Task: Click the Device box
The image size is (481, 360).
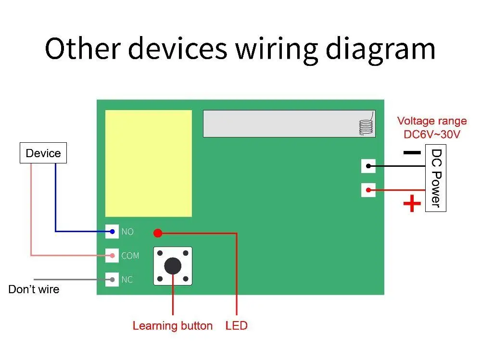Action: [43, 153]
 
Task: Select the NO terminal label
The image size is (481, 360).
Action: [127, 232]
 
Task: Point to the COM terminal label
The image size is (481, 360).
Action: [130, 256]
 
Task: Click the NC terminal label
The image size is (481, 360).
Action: [127, 279]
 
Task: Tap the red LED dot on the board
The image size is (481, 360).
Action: [157, 234]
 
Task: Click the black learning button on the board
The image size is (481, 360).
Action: [173, 266]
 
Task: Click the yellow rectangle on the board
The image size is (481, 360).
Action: [148, 163]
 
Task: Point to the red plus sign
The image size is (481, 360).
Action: [412, 204]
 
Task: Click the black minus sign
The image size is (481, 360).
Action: [412, 153]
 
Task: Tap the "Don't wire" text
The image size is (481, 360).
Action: [34, 289]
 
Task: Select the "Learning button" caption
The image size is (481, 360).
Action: [172, 326]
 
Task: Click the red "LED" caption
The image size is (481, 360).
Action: [236, 326]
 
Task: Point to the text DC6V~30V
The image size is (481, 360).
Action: [432, 135]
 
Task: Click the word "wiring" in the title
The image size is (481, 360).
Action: [277, 49]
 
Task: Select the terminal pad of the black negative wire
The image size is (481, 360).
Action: [368, 166]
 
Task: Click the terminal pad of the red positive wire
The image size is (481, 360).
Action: [368, 190]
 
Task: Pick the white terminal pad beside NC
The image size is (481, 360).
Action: [112, 279]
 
